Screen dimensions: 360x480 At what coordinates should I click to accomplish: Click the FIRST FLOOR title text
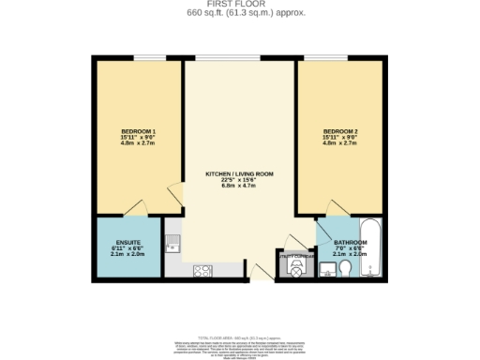coord(240,4)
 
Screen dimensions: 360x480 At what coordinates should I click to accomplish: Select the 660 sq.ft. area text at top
coord(240,13)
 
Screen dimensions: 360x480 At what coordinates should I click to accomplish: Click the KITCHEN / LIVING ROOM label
coord(240,173)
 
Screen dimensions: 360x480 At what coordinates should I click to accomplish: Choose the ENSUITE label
coord(127,242)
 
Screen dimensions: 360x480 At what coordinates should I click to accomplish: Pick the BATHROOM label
coord(350,243)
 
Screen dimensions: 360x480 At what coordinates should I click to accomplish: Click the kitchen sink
coord(172,247)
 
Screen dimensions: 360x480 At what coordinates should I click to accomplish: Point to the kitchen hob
coord(202,271)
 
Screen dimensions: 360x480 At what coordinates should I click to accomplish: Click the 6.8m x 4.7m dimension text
coord(240,187)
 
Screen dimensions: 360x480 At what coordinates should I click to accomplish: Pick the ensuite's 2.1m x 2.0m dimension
coord(127,254)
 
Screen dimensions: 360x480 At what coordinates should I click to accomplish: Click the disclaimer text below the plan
coord(240,349)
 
